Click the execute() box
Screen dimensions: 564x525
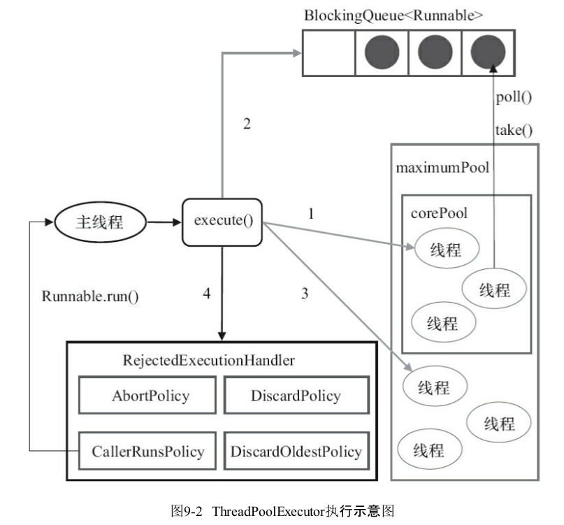(x=222, y=222)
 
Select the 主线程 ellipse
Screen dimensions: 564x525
(x=100, y=222)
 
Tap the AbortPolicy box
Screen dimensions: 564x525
(x=147, y=395)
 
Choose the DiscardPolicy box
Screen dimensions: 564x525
(x=296, y=395)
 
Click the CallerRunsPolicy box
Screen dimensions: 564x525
(x=147, y=451)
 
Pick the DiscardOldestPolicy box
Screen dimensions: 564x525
(x=296, y=451)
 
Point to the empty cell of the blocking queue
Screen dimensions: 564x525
(x=328, y=53)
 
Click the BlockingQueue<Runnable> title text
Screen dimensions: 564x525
(x=393, y=15)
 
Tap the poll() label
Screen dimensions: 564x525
(x=514, y=97)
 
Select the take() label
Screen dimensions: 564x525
(x=514, y=130)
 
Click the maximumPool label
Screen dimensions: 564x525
(x=442, y=167)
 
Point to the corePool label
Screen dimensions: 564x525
(x=439, y=213)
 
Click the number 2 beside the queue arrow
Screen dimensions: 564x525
(x=247, y=124)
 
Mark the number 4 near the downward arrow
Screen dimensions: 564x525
(x=206, y=294)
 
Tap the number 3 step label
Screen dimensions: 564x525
(x=305, y=294)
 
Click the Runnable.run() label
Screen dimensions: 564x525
(x=90, y=296)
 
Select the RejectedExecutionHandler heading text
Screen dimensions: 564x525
(x=209, y=360)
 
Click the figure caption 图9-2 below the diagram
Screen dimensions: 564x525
(x=187, y=511)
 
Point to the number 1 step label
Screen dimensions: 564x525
(x=311, y=214)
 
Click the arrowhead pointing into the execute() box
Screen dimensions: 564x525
(x=178, y=222)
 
